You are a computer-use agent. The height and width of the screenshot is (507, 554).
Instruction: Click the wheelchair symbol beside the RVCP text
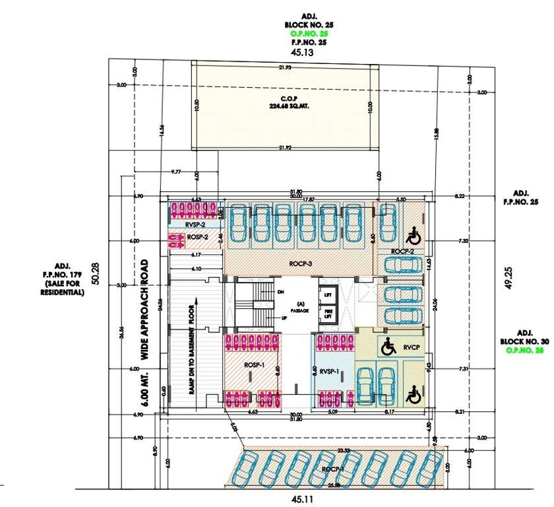pos(388,345)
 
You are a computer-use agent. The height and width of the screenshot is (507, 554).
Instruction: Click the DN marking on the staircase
pos(280,291)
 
